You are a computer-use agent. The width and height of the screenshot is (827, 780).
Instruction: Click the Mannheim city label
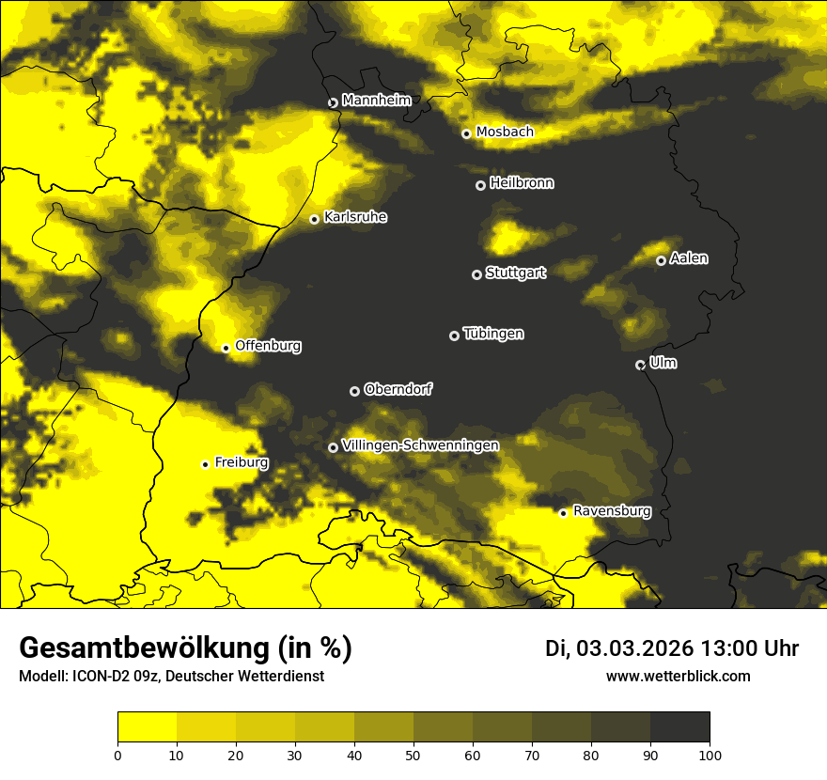click(x=376, y=100)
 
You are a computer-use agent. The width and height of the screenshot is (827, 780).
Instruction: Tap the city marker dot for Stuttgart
click(x=476, y=274)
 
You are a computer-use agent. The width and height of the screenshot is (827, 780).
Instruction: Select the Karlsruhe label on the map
click(x=354, y=217)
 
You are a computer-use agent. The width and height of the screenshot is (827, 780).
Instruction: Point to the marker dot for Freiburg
click(x=205, y=464)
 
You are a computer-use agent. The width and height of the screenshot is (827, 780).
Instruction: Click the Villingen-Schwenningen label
click(x=420, y=445)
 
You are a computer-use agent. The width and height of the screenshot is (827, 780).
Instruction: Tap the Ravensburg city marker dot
click(x=563, y=513)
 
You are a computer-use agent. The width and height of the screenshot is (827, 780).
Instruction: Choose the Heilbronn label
click(x=522, y=183)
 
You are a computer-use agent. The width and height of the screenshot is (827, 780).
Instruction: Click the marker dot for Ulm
click(x=640, y=365)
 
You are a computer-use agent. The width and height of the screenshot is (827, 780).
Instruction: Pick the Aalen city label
click(x=689, y=258)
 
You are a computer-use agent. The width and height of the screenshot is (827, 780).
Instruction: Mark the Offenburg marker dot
click(x=226, y=348)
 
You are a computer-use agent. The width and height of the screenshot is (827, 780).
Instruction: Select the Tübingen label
click(x=493, y=334)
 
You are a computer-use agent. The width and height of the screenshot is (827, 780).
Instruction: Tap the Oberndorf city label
click(x=398, y=389)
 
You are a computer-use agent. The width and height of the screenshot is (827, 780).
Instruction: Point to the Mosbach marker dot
click(x=466, y=133)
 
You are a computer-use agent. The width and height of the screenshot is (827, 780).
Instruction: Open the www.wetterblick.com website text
click(x=678, y=676)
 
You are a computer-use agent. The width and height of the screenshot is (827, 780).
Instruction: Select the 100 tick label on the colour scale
click(x=710, y=754)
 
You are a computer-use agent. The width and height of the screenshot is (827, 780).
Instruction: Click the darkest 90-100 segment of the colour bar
click(x=679, y=727)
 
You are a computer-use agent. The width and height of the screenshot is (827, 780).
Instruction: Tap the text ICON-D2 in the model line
click(x=97, y=677)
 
